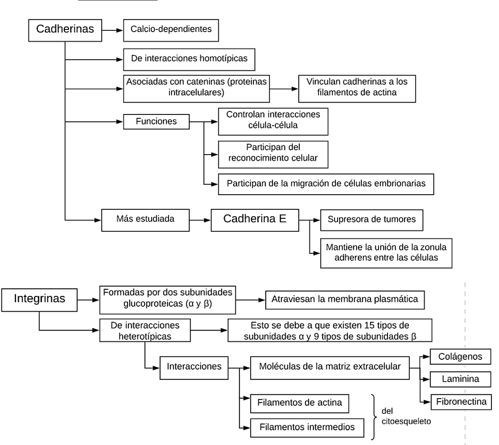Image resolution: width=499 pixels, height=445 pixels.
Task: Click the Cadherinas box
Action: point(65,30)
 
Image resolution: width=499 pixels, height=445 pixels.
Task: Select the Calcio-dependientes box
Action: point(171,30)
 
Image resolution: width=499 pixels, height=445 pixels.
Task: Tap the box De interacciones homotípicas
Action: point(189,59)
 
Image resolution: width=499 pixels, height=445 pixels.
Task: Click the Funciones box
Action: point(156,122)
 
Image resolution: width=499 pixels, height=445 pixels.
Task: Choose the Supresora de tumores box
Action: point(371,220)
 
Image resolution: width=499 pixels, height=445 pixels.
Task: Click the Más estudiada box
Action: point(145,220)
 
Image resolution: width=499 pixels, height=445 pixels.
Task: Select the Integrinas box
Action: point(39,299)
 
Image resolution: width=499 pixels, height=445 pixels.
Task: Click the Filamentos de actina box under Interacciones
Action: point(299,403)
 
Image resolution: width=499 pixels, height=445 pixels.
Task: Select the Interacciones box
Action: point(194,366)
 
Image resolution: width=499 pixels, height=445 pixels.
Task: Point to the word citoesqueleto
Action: point(406,421)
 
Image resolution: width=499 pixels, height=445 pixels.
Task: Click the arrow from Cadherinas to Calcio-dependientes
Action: point(112,30)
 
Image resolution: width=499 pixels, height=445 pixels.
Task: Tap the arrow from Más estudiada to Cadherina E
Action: point(200,220)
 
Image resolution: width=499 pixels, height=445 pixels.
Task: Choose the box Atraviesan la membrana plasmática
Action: point(344,300)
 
